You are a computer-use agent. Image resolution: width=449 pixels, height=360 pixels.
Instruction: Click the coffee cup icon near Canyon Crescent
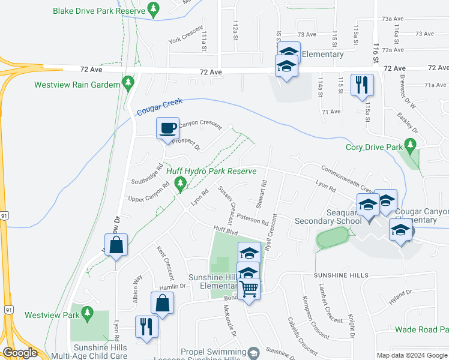pos(167,127)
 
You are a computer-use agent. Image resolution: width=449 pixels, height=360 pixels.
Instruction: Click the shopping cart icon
pos(249,289)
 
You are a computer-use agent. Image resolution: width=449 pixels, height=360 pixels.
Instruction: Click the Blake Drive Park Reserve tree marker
pos(155,9)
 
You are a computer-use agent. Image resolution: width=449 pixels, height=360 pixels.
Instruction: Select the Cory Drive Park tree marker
pos(411,145)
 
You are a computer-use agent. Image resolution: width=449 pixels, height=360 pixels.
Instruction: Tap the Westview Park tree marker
pos(87,313)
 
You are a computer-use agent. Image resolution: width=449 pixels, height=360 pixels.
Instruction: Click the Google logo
pos(20,353)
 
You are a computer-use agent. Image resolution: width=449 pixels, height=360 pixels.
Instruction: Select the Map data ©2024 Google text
pos(411,355)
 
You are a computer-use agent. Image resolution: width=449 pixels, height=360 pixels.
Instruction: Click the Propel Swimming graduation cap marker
pos(253,351)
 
